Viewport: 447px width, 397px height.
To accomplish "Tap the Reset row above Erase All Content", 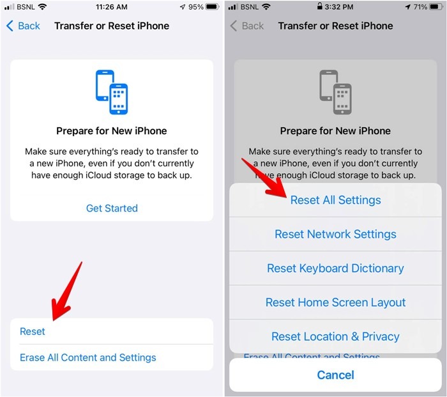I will (x=33, y=331).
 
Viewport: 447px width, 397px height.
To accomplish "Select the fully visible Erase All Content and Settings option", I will (x=87, y=357).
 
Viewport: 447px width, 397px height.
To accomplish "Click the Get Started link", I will (x=112, y=208).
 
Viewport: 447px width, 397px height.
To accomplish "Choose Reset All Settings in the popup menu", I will (x=335, y=200).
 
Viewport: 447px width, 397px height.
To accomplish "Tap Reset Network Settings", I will (x=335, y=234).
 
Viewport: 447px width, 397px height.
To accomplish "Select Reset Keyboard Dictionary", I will (x=335, y=269).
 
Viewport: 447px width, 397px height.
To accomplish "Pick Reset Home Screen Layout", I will (x=335, y=302).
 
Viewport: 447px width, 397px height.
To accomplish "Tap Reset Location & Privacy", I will (x=335, y=336).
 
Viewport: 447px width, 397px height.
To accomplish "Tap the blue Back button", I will (x=24, y=26).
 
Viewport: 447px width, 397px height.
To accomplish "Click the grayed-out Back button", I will (x=247, y=26).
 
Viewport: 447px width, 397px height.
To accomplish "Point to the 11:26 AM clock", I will (x=112, y=8).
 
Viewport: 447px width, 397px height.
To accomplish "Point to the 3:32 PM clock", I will (x=339, y=8).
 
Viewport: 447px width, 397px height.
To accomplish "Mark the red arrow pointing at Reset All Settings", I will (x=263, y=178).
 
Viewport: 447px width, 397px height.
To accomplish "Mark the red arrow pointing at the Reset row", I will (x=66, y=291).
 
